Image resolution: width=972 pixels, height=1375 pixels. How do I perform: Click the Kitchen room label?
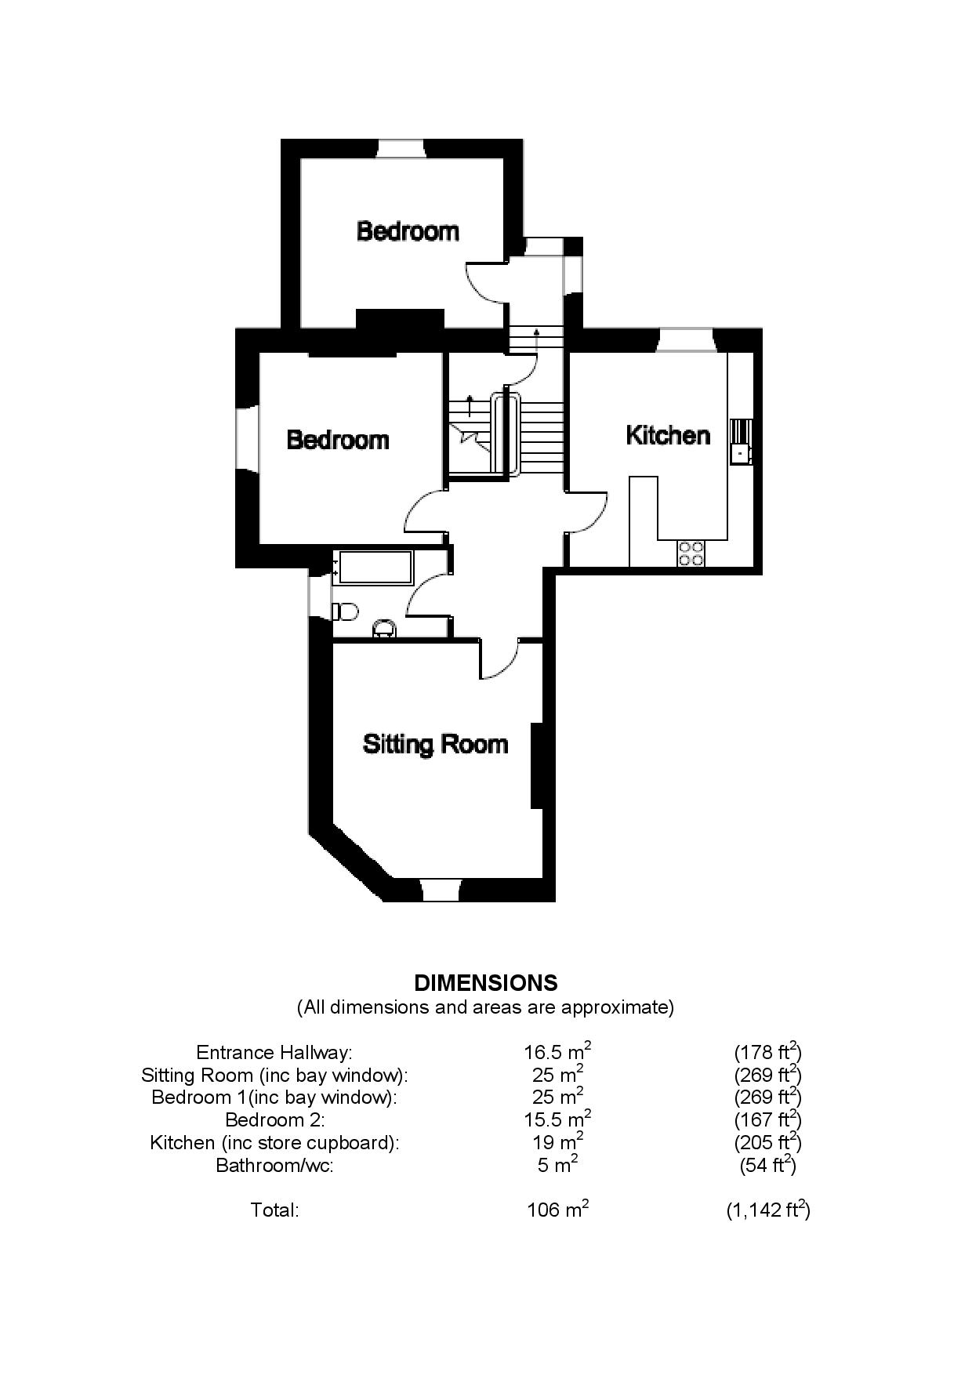coord(668,435)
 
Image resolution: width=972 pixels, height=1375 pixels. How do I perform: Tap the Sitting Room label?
coord(435,744)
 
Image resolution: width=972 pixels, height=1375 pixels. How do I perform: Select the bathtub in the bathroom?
coord(374,567)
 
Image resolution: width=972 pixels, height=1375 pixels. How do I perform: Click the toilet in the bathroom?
coord(345,610)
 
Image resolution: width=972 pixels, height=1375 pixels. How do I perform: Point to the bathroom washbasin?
coord(383,629)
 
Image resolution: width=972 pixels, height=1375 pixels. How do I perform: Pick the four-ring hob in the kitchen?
coord(691,553)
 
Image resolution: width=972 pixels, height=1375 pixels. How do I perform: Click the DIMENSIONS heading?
coord(486,983)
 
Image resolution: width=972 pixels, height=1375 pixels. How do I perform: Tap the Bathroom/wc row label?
coord(274,1165)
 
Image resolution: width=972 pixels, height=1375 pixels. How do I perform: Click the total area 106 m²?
coord(557,1210)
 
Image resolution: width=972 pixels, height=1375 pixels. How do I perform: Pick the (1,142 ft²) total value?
coord(768,1210)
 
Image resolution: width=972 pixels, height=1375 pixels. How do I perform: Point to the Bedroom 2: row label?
coord(274,1119)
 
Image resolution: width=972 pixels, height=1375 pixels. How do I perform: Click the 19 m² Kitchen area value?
coord(557,1141)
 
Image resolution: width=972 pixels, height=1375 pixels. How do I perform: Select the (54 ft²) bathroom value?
coord(768,1165)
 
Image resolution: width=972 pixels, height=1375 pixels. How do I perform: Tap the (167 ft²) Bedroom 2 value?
coord(768,1119)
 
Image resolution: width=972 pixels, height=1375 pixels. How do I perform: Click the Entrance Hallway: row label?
coord(274,1052)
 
